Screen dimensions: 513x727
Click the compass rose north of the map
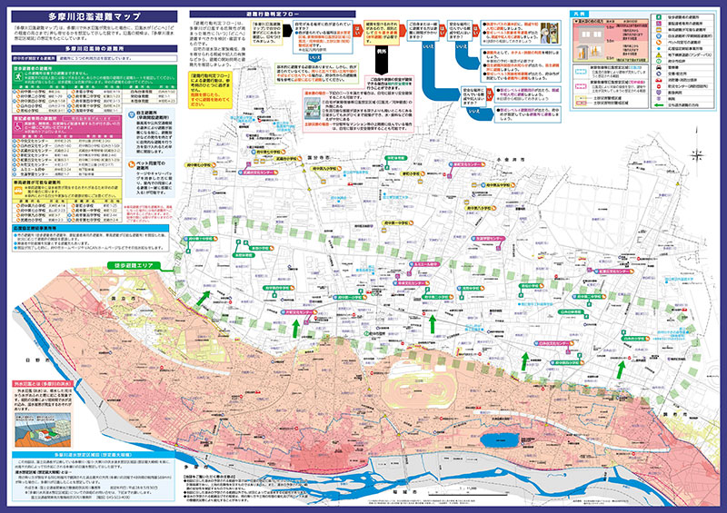click(x=697, y=155)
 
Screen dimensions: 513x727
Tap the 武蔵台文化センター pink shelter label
click(x=254, y=170)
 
